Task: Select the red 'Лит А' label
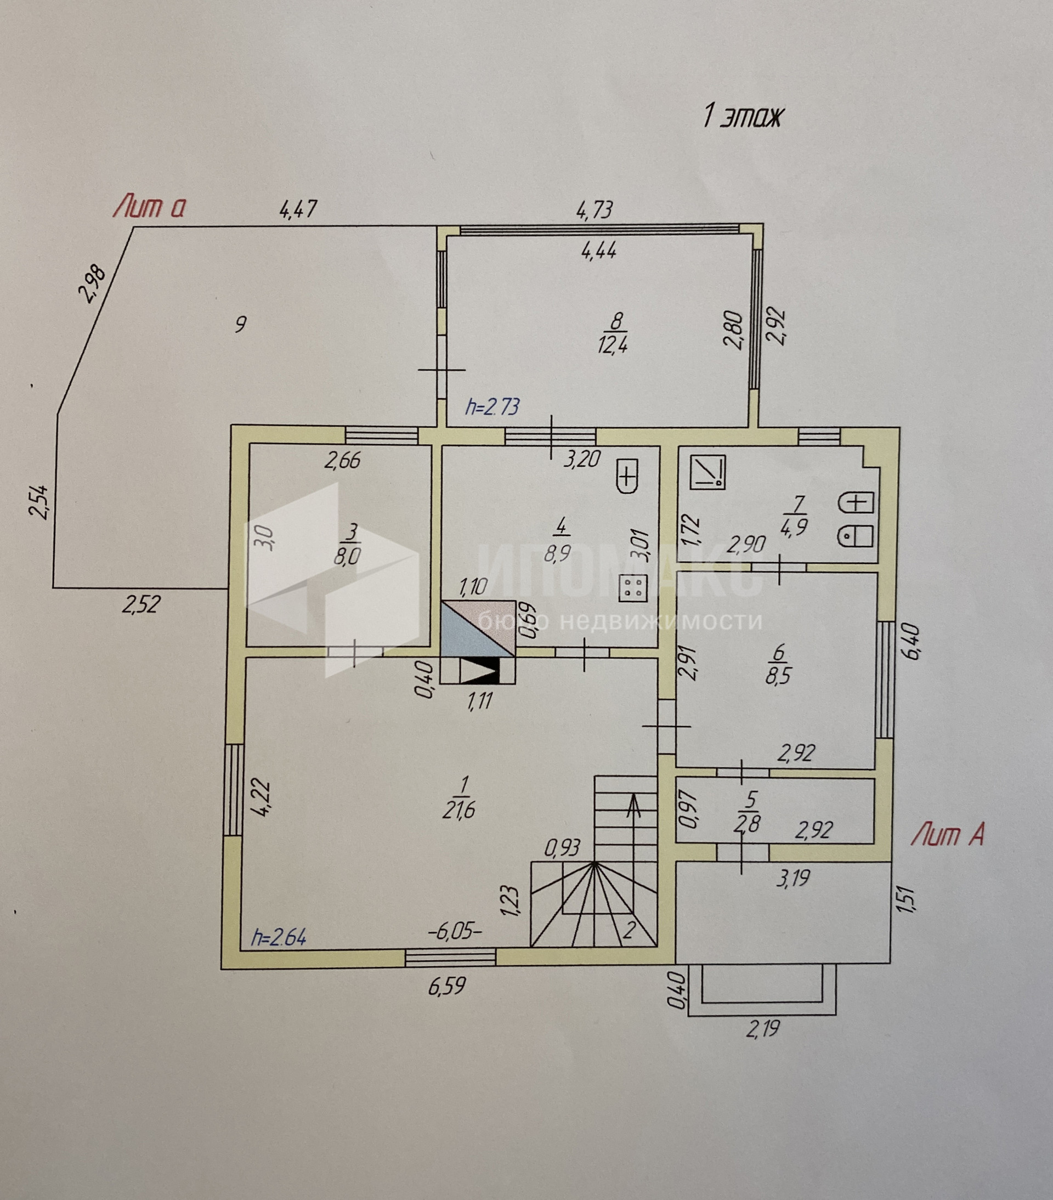coord(947,834)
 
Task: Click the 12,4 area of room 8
coord(613,344)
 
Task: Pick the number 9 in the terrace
coord(240,324)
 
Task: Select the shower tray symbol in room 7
coord(708,473)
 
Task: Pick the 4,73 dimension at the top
coord(595,210)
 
